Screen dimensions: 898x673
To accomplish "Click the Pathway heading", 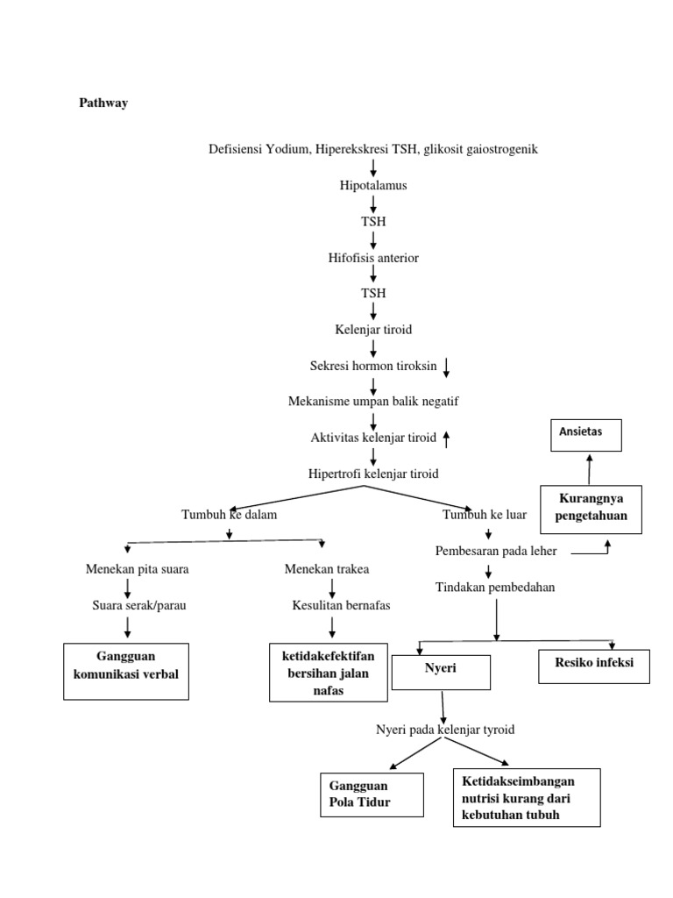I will tap(103, 103).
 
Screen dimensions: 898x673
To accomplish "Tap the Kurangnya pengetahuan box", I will tap(591, 509).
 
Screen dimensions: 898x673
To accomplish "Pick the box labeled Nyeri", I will tap(441, 670).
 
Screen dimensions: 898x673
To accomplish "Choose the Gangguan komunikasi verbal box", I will tap(126, 671).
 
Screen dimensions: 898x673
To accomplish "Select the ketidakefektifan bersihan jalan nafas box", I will tap(328, 673).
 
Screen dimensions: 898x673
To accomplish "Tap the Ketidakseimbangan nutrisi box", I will tap(527, 798).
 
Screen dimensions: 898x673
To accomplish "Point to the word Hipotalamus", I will tap(373, 186).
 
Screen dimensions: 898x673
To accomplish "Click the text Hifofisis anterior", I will tap(373, 258).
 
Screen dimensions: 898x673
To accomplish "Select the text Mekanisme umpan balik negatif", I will tap(373, 402).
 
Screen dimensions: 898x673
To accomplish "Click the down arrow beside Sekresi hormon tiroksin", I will tap(446, 367).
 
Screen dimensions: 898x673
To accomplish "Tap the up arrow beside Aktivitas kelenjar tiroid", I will tap(446, 438).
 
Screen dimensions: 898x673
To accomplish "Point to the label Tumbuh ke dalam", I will tap(229, 515).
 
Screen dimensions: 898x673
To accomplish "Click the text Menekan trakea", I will tap(327, 569).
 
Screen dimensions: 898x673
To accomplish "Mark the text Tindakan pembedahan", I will tap(494, 588).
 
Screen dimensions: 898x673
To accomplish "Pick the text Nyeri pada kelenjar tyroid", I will tap(445, 730).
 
